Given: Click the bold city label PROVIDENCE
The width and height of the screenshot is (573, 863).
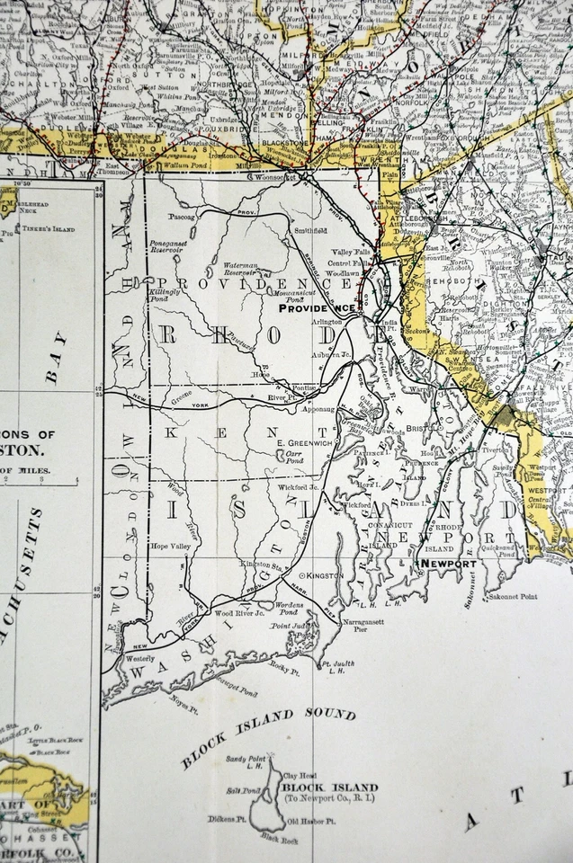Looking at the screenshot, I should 316,307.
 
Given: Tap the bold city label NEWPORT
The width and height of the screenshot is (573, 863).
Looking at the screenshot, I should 448,564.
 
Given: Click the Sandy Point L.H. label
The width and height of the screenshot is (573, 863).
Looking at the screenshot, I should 246,763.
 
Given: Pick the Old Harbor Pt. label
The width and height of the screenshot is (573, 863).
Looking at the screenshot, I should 311,822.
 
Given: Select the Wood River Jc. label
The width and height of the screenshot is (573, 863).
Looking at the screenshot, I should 239,613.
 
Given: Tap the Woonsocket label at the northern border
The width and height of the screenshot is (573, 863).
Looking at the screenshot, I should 278,178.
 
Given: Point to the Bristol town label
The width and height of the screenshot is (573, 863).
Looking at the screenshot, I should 422,431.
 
